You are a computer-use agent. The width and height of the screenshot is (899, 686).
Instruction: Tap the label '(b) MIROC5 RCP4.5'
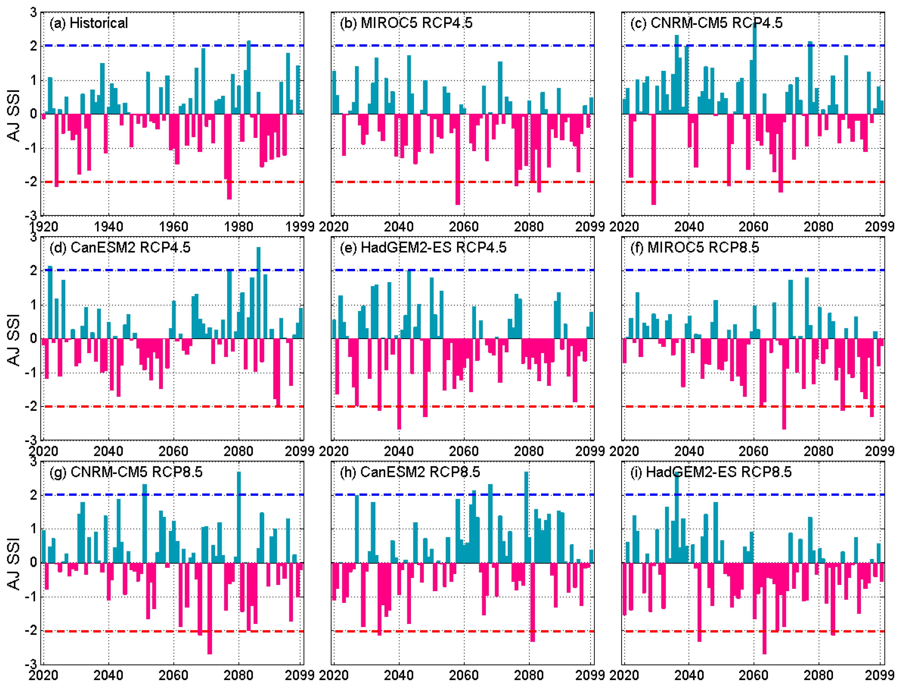click(406, 23)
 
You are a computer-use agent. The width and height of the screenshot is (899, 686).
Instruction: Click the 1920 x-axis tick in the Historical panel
click(43, 227)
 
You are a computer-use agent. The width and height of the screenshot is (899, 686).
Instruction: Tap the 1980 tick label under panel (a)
click(238, 227)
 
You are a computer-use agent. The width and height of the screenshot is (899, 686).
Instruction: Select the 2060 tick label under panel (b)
click(464, 227)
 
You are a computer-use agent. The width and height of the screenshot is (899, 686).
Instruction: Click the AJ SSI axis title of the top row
click(14, 115)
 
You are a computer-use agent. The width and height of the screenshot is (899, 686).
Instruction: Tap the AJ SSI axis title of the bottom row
click(14, 564)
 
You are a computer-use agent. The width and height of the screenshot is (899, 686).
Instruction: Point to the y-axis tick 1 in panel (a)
click(34, 80)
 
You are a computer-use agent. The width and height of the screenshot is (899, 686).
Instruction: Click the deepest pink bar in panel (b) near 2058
click(458, 159)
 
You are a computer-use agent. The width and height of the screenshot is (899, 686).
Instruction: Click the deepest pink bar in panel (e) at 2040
click(399, 384)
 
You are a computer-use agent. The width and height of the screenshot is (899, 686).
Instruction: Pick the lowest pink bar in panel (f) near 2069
click(784, 384)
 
